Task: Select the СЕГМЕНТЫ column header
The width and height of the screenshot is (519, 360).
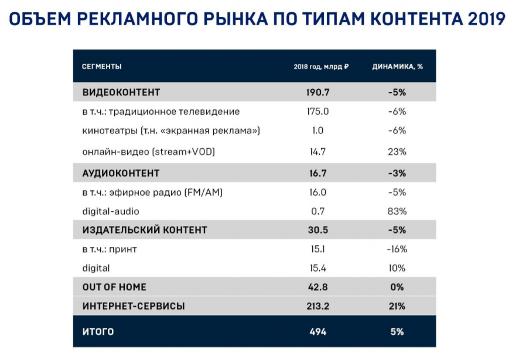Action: (102, 67)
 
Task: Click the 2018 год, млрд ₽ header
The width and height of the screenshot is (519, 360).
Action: (321, 67)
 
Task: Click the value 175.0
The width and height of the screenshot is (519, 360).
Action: (317, 112)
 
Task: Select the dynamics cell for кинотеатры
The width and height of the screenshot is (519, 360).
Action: (397, 131)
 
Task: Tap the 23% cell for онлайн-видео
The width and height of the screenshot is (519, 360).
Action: (397, 152)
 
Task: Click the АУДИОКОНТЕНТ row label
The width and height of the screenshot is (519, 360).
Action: (121, 173)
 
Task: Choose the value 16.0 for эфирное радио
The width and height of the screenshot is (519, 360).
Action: (317, 192)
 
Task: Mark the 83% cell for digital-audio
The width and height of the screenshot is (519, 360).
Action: (397, 211)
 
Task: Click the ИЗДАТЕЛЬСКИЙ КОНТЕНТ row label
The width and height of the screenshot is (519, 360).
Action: (145, 230)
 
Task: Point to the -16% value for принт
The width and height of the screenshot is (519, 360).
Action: (397, 249)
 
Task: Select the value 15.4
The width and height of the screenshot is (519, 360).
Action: (317, 268)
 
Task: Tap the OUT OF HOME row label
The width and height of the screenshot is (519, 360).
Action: (114, 287)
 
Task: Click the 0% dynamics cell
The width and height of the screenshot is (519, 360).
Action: (397, 287)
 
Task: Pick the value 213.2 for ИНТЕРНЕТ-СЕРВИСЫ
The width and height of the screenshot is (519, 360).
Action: (317, 306)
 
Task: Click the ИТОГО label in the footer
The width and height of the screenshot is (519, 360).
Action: (98, 332)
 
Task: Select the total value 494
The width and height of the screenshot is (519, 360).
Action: (317, 332)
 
